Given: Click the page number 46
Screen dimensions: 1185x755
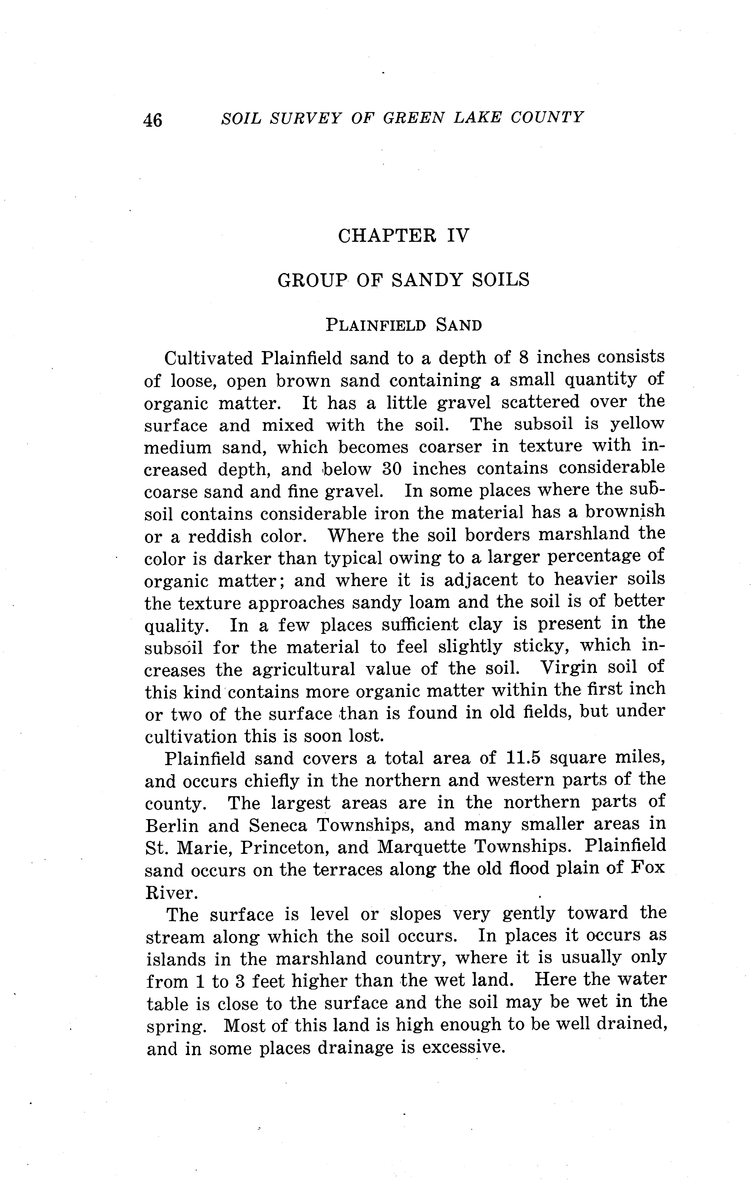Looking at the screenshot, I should [153, 119].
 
